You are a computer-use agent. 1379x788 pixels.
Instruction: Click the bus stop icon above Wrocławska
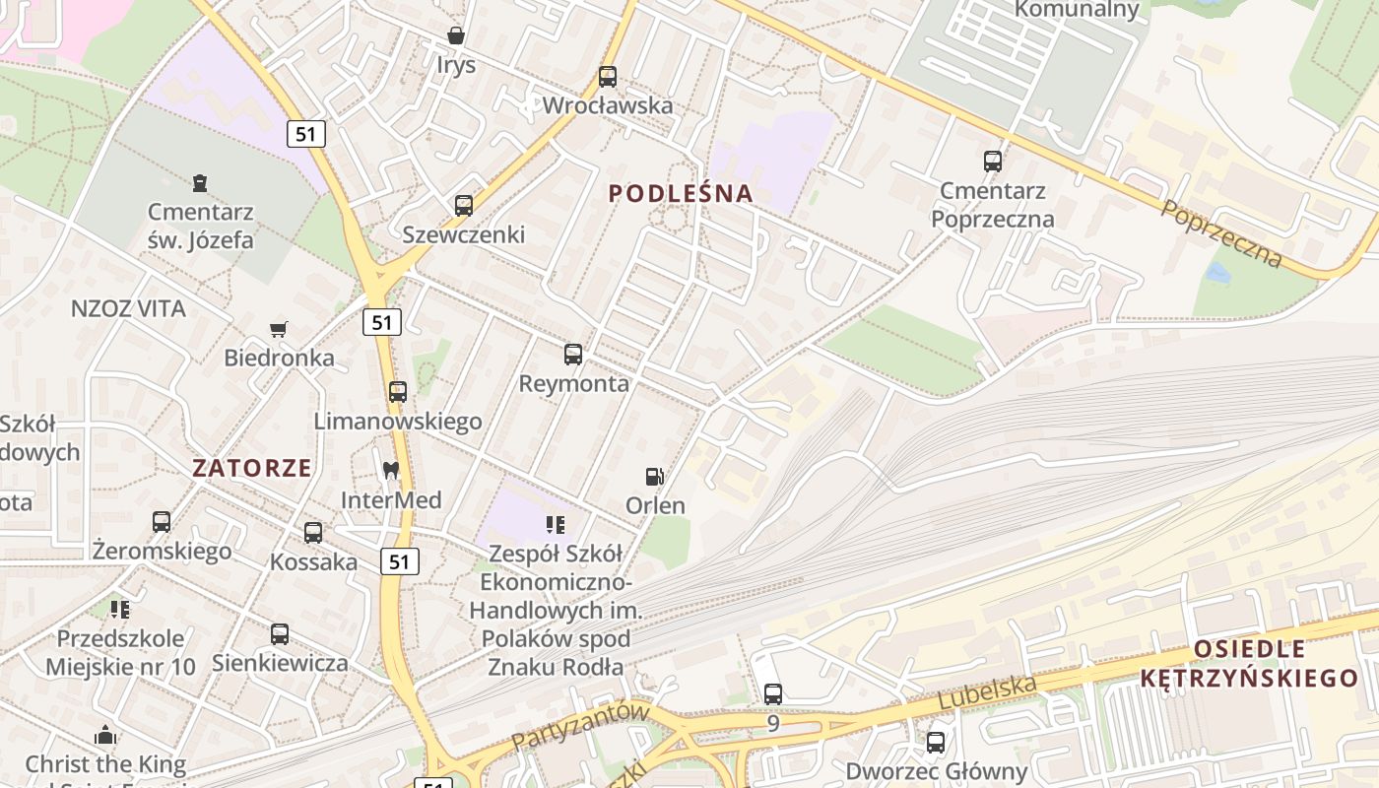coord(608,77)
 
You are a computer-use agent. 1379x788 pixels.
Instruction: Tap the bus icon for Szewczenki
coord(464,206)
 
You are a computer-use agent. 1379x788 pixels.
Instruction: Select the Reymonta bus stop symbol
coord(573,355)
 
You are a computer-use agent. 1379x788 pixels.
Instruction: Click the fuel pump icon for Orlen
coord(654,477)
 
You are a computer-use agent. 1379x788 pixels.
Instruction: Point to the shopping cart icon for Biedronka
coord(279,329)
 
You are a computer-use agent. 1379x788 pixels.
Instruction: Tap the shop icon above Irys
coord(456,36)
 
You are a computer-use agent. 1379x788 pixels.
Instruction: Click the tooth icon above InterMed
coord(391,471)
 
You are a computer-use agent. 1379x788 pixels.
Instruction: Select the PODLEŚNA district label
coord(681,193)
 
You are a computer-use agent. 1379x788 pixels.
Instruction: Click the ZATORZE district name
coord(252,468)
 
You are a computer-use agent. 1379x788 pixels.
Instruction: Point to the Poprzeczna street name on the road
coord(1221,233)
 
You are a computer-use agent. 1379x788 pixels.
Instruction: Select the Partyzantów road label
coord(581,727)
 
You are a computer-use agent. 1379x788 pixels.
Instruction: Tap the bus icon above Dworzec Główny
coord(936,743)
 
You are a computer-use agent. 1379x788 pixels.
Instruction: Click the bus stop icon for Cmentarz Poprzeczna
coord(993,162)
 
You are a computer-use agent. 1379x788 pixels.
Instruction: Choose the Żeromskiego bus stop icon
coord(162,522)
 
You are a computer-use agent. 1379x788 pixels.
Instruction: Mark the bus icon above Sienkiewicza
coord(280,634)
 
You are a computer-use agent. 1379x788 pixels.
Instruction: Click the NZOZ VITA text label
coord(128,309)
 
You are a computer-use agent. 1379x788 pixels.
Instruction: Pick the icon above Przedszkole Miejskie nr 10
coord(120,610)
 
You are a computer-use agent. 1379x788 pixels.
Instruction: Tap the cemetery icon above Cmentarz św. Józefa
coord(201,183)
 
